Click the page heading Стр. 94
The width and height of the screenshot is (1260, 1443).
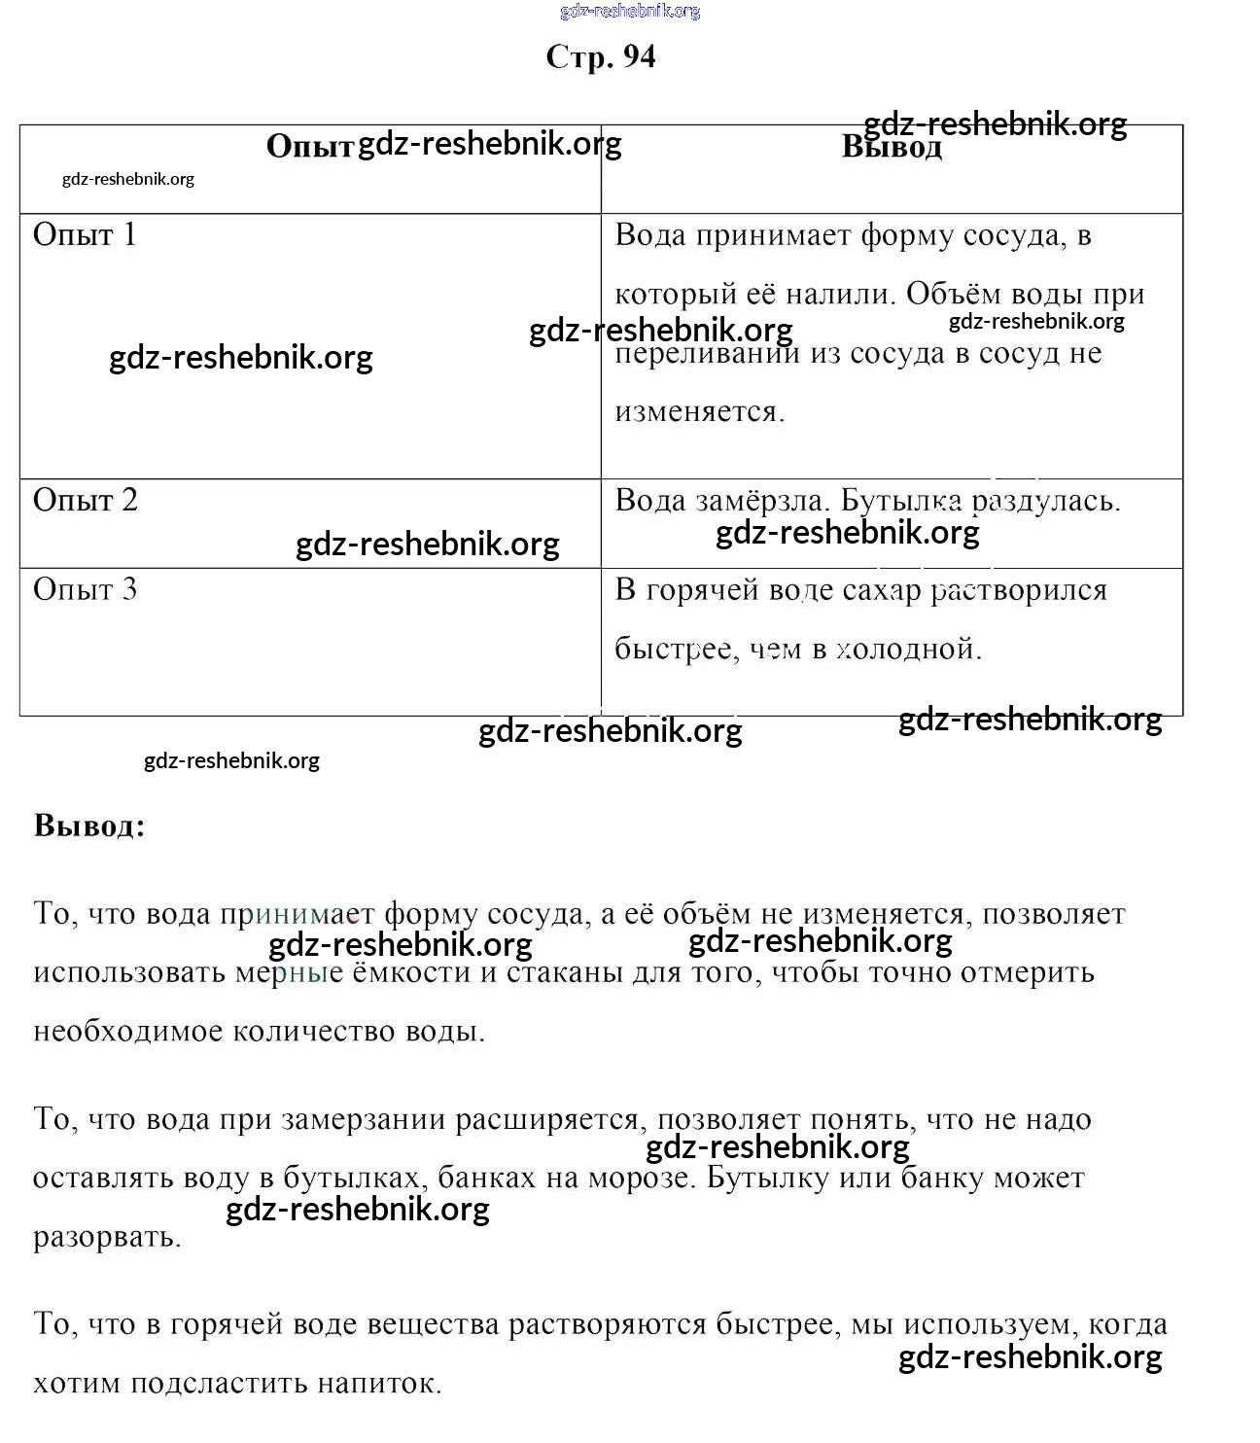pyautogui.click(x=601, y=57)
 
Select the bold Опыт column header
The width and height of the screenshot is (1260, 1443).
pyautogui.click(x=309, y=147)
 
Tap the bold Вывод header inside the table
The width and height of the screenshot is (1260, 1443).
pyautogui.click(x=892, y=148)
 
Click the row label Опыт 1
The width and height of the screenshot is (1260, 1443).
pyautogui.click(x=85, y=235)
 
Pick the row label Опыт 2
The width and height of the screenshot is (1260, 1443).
pyautogui.click(x=86, y=501)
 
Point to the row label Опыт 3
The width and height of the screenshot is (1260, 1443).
pyautogui.click(x=86, y=590)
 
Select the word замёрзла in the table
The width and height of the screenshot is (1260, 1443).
pyautogui.click(x=760, y=502)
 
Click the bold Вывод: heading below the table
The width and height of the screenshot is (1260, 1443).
pyautogui.click(x=89, y=826)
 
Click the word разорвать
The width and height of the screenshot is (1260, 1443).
pyautogui.click(x=107, y=1238)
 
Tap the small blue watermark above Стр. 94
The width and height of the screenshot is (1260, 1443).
pyautogui.click(x=630, y=12)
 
